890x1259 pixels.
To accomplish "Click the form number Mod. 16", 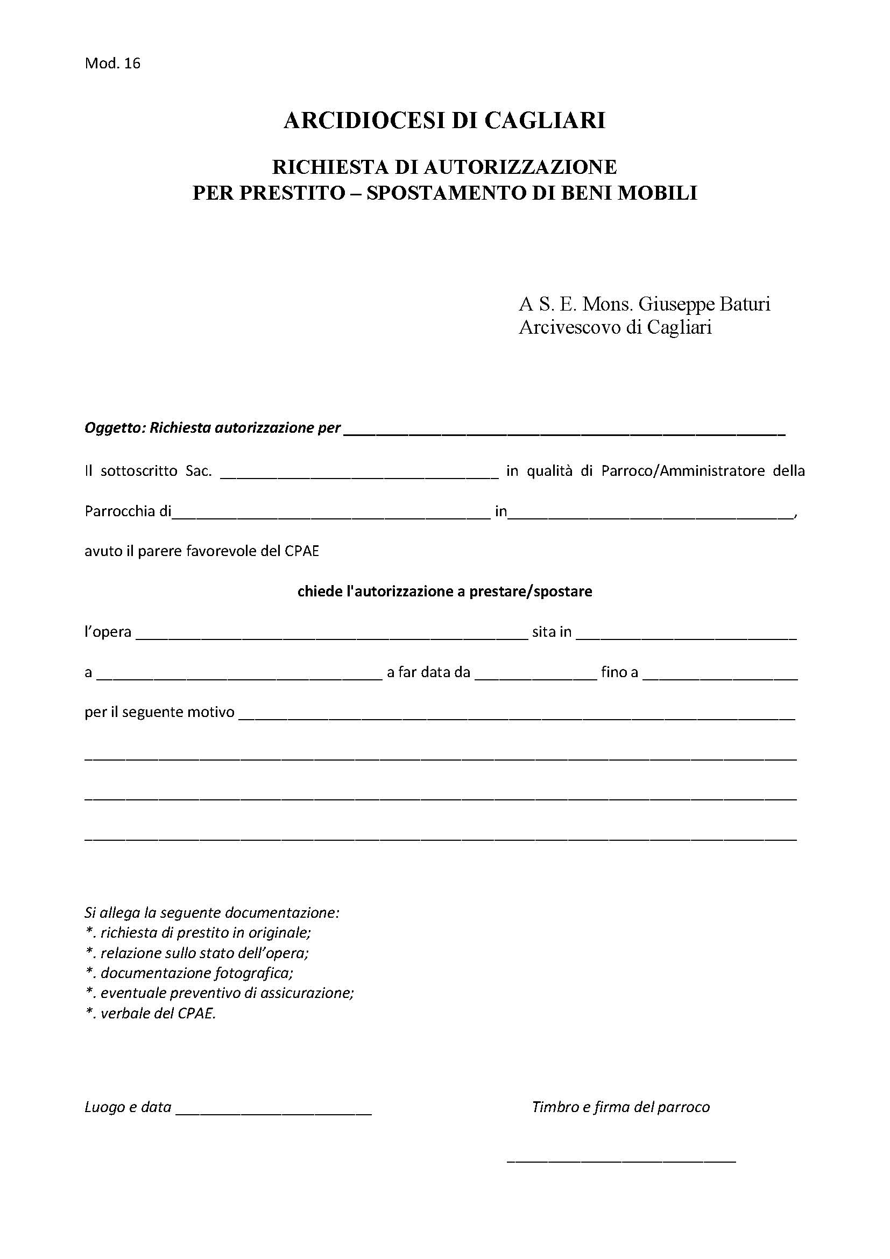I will tap(112, 64).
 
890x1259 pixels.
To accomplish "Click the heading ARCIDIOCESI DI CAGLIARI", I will tap(444, 121).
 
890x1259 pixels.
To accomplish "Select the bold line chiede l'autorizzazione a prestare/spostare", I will tap(444, 592).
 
